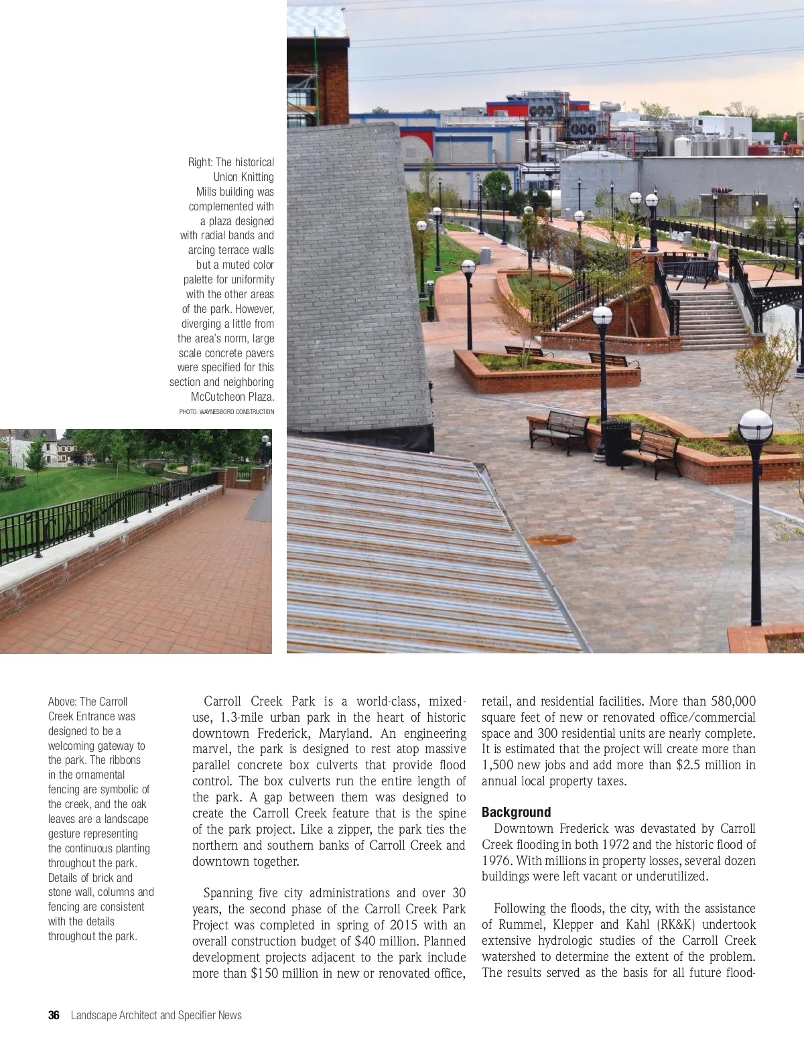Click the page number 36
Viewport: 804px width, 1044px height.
pyautogui.click(x=54, y=1015)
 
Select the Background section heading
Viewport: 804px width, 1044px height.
pyautogui.click(x=516, y=812)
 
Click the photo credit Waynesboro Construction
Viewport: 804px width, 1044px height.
pyautogui.click(x=226, y=411)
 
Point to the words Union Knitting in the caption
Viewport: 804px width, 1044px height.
pyautogui.click(x=244, y=177)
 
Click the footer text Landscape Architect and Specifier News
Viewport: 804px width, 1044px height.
pyautogui.click(x=156, y=1015)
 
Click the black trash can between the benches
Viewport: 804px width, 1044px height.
pyautogui.click(x=616, y=442)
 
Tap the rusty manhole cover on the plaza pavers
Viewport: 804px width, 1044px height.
pyautogui.click(x=551, y=540)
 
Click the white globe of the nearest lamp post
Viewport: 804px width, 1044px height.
pyautogui.click(x=756, y=426)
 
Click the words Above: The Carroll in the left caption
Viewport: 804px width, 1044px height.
pyautogui.click(x=87, y=702)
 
